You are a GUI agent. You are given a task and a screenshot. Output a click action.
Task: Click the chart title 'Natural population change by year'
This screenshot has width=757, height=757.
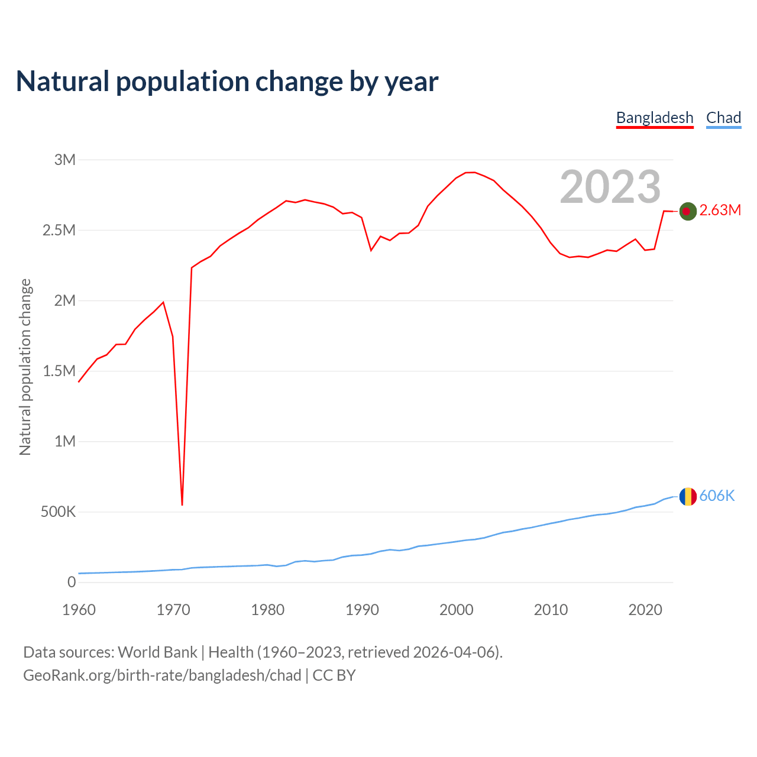(227, 82)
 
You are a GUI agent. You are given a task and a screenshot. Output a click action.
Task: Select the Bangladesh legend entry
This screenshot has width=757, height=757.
(655, 118)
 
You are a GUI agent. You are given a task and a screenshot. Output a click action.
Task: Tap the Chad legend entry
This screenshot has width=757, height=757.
(723, 118)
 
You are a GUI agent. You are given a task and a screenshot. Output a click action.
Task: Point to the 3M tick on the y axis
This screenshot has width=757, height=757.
(65, 160)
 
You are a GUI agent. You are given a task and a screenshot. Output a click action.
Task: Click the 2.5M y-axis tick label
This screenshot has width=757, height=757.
(59, 230)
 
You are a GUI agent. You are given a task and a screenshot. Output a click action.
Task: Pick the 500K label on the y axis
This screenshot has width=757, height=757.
(58, 512)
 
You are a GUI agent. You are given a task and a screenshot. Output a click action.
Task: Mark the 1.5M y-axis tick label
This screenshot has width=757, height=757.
(59, 371)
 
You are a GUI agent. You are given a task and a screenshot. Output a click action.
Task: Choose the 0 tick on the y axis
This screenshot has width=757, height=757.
(72, 582)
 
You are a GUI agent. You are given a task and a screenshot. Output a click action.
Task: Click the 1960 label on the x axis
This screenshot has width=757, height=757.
(79, 610)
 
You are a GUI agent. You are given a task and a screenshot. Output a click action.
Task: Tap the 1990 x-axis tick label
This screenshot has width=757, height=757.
(362, 610)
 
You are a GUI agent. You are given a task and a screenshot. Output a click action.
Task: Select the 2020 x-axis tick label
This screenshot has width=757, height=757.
(645, 610)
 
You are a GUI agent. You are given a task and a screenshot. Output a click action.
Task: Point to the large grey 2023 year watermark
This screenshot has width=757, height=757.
(610, 187)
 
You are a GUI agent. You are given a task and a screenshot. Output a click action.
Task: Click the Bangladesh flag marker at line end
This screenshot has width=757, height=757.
(687, 211)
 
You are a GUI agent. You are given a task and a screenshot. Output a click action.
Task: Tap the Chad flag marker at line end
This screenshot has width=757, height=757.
(687, 497)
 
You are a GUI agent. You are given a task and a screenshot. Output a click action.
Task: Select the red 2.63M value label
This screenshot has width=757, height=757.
(720, 211)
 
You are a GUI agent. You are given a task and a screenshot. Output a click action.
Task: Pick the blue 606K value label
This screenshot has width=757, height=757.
(717, 496)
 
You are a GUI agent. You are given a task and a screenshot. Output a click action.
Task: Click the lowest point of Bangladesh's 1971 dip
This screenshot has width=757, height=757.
(182, 504)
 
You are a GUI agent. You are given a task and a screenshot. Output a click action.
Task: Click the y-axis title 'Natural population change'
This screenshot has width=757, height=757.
(25, 367)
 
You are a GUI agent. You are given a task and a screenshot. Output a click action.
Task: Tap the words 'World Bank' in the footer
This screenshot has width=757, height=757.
(157, 652)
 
